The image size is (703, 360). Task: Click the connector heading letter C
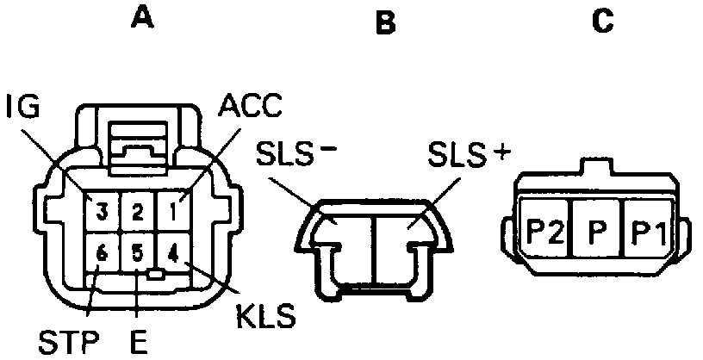(603, 20)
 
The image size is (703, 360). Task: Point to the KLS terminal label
(265, 315)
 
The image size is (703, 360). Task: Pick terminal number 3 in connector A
(102, 209)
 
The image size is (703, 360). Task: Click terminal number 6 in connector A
(102, 254)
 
